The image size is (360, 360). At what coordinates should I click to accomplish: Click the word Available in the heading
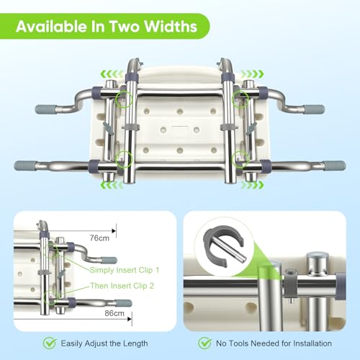coord(51,26)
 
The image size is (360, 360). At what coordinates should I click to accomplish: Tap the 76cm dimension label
coord(99,238)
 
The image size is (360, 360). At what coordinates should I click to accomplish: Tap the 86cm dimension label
coord(114,313)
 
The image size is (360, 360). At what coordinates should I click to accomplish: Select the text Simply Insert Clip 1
coord(125,271)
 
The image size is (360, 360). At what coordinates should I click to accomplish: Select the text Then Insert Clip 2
coord(122,286)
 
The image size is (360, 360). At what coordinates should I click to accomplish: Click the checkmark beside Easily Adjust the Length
coord(50,343)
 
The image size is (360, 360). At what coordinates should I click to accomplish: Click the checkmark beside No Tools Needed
coord(204,343)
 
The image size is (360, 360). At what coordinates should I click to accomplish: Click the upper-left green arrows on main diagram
coord(112,73)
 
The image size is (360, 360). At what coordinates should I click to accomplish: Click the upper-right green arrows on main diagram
coord(252,73)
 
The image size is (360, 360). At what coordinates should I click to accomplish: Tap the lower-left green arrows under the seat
coord(112,185)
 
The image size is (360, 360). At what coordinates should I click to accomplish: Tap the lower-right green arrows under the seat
coord(252,185)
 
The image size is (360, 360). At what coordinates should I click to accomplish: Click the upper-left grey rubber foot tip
coord(45,109)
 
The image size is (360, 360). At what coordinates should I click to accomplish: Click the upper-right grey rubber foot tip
coord(315,109)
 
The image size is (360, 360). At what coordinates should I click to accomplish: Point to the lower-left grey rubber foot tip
coord(25,166)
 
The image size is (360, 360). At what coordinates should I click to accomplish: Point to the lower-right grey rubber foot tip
coord(335,166)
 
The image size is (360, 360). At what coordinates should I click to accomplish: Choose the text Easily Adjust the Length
coord(104,343)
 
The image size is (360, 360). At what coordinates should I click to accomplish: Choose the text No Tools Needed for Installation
coord(274,343)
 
